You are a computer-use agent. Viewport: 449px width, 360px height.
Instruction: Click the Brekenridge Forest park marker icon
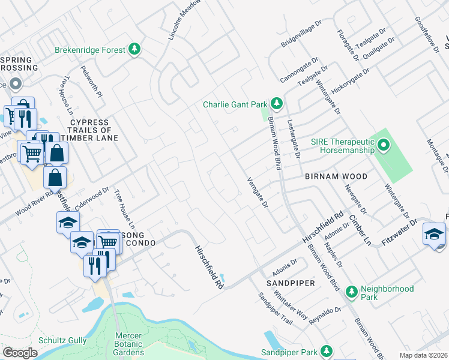(136, 50)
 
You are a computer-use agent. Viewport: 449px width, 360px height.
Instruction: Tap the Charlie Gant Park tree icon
(276, 104)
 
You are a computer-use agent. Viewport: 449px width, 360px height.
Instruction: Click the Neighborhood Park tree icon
(351, 289)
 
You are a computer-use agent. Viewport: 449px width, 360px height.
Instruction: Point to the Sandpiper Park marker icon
(326, 350)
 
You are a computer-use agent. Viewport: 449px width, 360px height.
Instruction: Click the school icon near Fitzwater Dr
(434, 235)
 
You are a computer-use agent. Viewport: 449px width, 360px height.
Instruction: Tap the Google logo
(20, 353)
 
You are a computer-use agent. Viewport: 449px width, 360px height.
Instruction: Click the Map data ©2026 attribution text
(423, 355)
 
